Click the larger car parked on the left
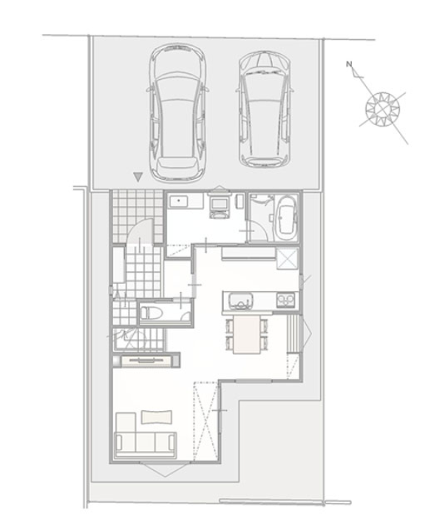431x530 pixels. (x=177, y=112)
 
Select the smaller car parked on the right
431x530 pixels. (x=265, y=109)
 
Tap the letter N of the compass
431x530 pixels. (x=349, y=64)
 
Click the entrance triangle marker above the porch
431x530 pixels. (x=138, y=177)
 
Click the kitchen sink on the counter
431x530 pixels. (x=240, y=300)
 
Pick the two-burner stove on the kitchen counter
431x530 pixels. (x=286, y=299)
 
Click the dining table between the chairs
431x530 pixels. (x=247, y=334)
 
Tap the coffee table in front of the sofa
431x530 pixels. (x=157, y=417)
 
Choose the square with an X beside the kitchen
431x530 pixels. (x=288, y=259)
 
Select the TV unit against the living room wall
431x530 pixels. (x=146, y=361)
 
